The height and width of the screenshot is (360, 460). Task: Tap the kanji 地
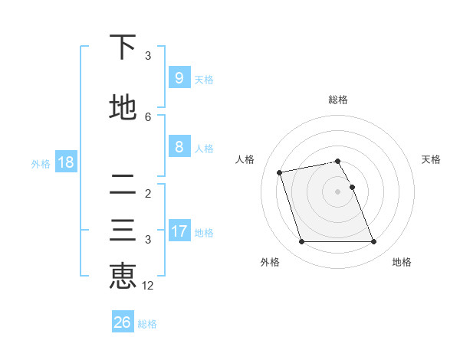(123, 108)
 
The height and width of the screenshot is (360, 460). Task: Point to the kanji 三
(123, 231)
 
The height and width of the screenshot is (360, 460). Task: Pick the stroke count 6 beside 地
(148, 116)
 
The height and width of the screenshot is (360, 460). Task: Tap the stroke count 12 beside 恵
(148, 286)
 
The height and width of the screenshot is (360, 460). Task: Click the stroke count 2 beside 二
(148, 193)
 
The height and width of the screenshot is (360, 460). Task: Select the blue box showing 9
(179, 78)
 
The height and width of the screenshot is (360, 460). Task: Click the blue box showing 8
(179, 147)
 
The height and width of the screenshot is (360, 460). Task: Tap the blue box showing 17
(179, 231)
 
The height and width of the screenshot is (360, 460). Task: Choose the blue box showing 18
(65, 162)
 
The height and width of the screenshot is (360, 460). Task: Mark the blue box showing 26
(123, 322)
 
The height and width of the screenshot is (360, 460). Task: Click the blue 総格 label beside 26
(148, 324)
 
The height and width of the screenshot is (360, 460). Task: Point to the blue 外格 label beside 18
(41, 163)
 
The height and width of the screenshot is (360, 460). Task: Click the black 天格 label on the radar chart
(432, 159)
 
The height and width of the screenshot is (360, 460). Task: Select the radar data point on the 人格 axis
(280, 172)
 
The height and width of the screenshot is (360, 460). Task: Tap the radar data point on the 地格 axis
(373, 242)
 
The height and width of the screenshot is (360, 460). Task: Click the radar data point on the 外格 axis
(301, 242)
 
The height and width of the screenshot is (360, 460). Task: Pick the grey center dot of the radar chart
(337, 191)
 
